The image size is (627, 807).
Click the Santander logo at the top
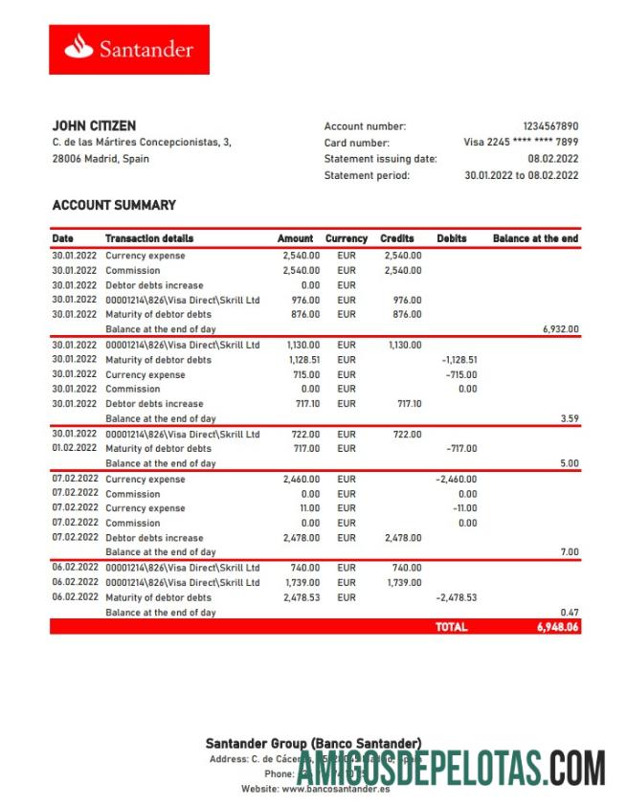[128, 50]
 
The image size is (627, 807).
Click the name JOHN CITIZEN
[94, 125]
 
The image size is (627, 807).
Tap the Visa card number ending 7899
[521, 143]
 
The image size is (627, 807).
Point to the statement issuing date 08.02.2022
[553, 159]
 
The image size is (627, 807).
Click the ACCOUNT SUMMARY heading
[114, 205]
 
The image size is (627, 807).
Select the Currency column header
[346, 238]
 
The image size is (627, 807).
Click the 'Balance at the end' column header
[535, 238]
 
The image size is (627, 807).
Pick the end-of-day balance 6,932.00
[559, 329]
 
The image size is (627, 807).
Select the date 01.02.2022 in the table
[74, 448]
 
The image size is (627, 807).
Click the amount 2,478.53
[300, 597]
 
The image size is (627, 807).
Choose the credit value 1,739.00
[400, 582]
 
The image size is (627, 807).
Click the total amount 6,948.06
[557, 627]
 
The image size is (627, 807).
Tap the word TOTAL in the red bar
[451, 627]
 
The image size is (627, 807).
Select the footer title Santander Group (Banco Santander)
[313, 744]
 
